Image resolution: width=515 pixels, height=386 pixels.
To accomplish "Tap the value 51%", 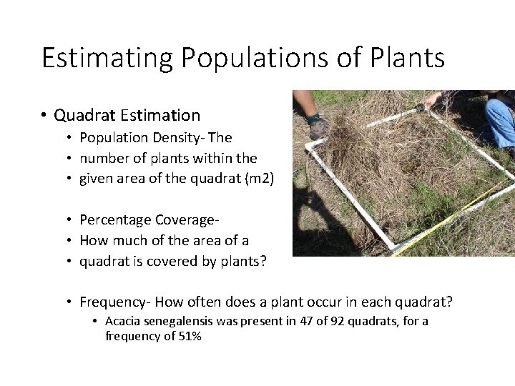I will tap(190, 336).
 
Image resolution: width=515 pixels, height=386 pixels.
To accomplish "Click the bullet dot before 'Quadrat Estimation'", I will tap(44, 114).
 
